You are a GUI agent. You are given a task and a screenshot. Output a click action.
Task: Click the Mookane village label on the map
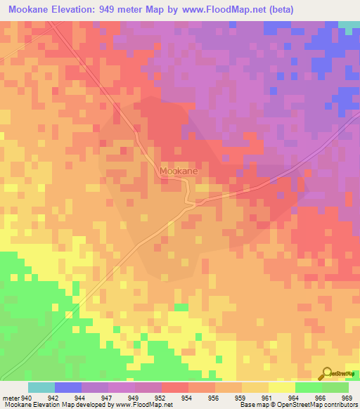178,171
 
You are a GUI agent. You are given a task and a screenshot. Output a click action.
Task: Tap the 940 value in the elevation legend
28,397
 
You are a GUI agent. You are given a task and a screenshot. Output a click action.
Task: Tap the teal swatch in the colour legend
41,387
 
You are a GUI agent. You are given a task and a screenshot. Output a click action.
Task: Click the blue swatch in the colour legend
68,387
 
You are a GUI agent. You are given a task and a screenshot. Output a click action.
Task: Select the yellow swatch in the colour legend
282,387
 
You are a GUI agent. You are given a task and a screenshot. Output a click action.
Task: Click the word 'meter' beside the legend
11,397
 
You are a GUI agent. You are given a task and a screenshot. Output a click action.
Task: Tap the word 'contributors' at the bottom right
339,405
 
